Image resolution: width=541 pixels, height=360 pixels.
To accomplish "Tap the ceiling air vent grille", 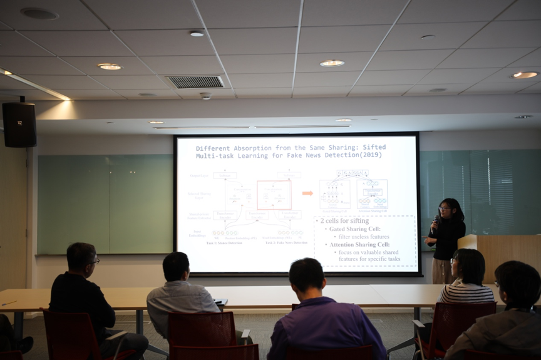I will (196, 81).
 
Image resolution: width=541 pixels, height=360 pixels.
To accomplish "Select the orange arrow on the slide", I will (307, 193).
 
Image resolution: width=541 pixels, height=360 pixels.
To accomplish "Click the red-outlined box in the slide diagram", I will (274, 195).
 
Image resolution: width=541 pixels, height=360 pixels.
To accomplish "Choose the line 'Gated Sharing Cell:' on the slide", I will (355, 229).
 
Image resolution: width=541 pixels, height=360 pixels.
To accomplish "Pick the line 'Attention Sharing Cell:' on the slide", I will (359, 244).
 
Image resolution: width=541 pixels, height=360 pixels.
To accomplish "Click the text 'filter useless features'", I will (364, 237).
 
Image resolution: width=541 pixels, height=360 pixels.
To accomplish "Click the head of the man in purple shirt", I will (307, 275).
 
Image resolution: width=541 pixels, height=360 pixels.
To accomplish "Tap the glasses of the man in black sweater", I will (94, 260).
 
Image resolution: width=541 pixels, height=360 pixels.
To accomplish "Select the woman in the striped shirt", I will (466, 279).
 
